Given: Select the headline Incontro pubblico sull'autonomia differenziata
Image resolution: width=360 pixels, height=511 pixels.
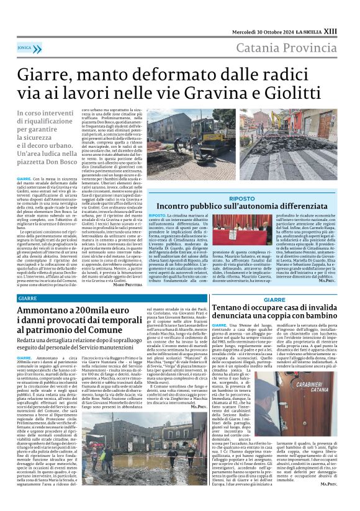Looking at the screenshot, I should tap(242, 206).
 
